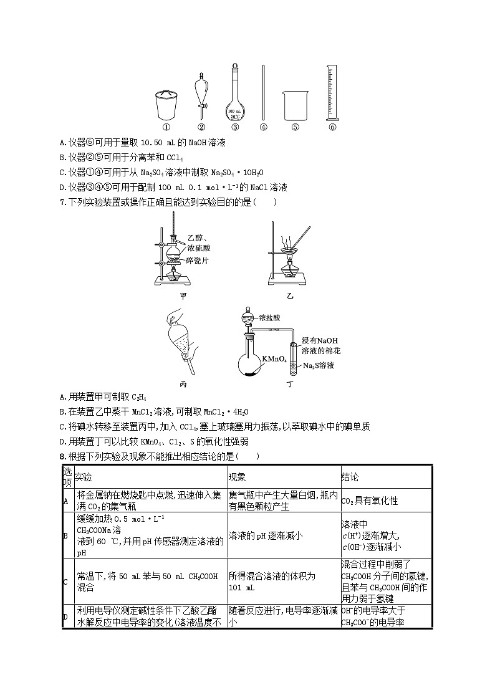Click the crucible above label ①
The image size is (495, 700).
pyautogui.click(x=166, y=105)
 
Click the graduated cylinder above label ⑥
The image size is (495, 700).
pyautogui.click(x=332, y=93)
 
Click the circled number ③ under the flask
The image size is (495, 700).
pyautogui.click(x=235, y=127)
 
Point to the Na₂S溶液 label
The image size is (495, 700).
pyautogui.click(x=318, y=365)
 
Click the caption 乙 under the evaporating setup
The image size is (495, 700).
pyautogui.click(x=289, y=295)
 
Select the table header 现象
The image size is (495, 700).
pyautogui.click(x=238, y=477)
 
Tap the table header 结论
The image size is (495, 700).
pyautogui.click(x=350, y=477)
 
